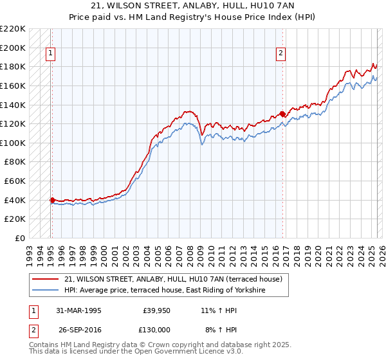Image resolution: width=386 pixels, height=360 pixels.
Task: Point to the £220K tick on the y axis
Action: [13, 29]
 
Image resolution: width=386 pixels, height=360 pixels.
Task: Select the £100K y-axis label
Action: [13, 143]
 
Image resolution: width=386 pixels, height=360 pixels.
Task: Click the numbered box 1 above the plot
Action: [51, 54]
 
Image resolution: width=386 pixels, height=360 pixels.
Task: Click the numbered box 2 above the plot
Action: [281, 54]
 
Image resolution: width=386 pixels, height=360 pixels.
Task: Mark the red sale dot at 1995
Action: [52, 200]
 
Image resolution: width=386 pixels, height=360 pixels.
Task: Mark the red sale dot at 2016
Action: [282, 114]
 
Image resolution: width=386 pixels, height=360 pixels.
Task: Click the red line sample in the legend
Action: [46, 279]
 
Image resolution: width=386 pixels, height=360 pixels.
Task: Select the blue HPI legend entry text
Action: [165, 291]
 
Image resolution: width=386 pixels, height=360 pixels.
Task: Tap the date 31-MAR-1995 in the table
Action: [78, 310]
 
